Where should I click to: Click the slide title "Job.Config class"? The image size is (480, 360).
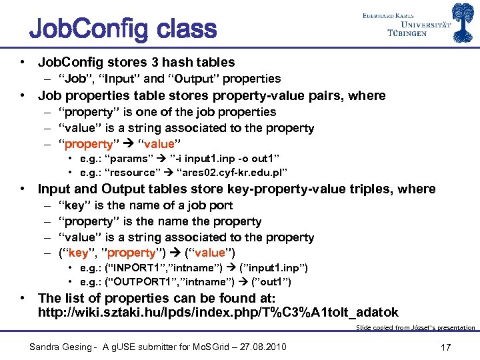coord(123,30)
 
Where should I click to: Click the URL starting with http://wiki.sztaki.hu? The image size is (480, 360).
coord(218,312)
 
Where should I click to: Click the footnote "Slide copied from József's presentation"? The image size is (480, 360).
coord(415,327)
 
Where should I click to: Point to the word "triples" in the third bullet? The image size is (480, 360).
coord(382,189)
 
